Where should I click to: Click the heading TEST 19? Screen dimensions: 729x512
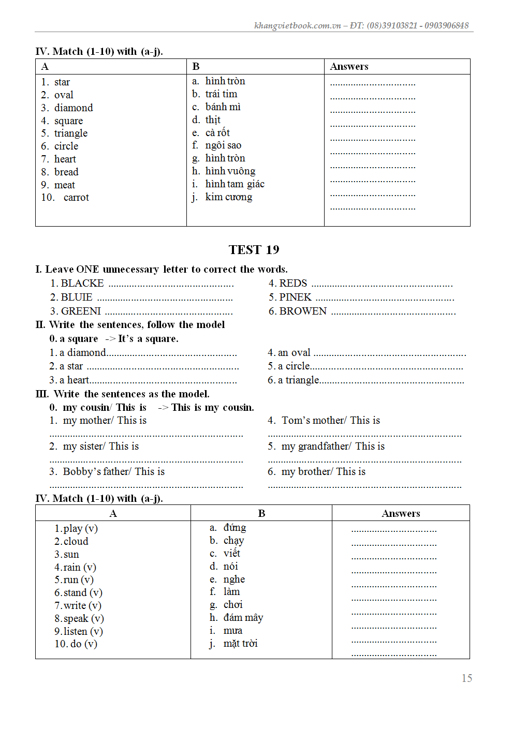[x=254, y=250]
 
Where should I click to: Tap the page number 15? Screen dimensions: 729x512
[x=466, y=678]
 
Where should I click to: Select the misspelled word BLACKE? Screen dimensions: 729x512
[x=82, y=284]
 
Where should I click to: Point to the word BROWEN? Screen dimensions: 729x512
[x=303, y=311]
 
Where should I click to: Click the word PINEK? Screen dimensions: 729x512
[x=295, y=297]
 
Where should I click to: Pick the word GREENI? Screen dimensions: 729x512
[x=81, y=311]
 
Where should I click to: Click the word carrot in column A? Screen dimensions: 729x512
[x=76, y=198]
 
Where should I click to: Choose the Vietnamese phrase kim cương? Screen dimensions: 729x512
[x=229, y=197]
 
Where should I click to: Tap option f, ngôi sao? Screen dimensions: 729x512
[x=223, y=145]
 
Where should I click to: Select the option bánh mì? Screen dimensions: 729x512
[x=223, y=107]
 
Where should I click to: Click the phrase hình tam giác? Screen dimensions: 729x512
[x=235, y=184]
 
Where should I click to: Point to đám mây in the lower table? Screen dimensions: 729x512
[x=243, y=618]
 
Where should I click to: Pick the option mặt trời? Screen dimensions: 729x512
[x=240, y=644]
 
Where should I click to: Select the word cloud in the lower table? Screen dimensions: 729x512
[x=76, y=542]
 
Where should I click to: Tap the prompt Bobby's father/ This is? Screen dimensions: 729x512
[x=113, y=472]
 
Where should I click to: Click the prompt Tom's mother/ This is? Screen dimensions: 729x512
[x=330, y=421]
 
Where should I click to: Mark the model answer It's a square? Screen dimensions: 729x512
[x=148, y=339]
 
